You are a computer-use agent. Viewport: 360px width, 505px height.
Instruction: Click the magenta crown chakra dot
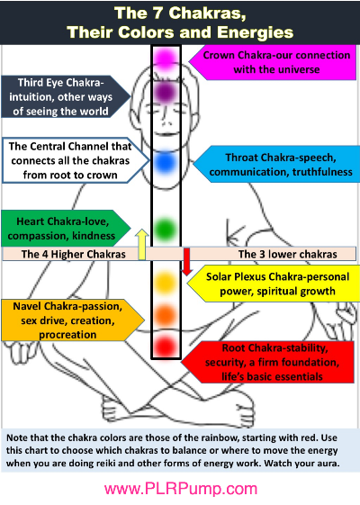tap(166, 59)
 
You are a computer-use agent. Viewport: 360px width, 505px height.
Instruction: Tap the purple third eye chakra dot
tap(166, 93)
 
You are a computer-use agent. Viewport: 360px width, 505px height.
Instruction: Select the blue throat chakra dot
tap(166, 162)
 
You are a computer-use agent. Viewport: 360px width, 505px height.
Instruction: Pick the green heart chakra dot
tap(166, 230)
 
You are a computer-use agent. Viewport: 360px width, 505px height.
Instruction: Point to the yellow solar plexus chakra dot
tap(166, 283)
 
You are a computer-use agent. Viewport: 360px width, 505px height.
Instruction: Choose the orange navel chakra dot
tap(166, 316)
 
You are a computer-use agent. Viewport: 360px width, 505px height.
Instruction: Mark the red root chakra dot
tap(166, 347)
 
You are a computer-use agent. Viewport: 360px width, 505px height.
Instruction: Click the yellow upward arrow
tap(141, 245)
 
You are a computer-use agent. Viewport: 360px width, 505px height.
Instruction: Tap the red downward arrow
tap(187, 262)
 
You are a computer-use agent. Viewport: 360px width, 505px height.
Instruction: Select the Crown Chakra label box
tap(273, 62)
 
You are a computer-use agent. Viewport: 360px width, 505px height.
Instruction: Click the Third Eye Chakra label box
tap(66, 96)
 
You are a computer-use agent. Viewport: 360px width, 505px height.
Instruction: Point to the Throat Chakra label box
tap(276, 164)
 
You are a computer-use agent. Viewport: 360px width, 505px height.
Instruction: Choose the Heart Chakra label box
tap(66, 229)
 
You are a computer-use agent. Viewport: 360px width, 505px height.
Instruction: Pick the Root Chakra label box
tap(267, 362)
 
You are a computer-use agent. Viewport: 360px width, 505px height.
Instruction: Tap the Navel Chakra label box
tap(73, 320)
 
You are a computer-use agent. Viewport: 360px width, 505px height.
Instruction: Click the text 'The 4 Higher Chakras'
tap(74, 254)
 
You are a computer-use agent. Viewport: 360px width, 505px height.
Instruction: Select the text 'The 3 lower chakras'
tap(287, 254)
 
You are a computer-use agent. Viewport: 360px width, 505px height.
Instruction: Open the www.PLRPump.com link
tap(181, 489)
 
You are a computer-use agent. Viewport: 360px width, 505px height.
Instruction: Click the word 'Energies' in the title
tap(255, 32)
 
